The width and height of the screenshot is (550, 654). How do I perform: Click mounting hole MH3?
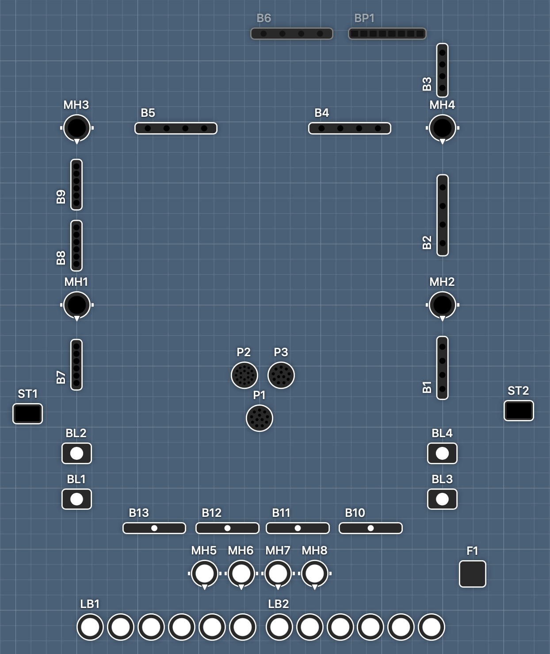77,128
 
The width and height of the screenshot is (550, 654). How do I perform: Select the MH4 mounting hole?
442,128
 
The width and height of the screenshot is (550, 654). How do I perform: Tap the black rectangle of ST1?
28,414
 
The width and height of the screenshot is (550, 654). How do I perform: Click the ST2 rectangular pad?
519,411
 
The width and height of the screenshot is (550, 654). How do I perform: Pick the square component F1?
472,574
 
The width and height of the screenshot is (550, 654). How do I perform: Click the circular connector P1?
259,418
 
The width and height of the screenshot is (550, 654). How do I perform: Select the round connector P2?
244,375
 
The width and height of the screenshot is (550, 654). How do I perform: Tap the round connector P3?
281,375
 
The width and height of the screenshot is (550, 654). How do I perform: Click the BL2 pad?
76,454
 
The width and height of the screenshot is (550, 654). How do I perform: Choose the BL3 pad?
442,499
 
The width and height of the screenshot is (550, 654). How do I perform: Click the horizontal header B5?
176,128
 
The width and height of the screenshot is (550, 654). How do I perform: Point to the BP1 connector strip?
387,34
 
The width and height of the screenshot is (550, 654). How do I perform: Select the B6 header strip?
292,34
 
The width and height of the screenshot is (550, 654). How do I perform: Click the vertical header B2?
442,215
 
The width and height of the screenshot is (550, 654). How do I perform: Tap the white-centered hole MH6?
241,573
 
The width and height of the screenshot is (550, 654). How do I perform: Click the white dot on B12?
227,528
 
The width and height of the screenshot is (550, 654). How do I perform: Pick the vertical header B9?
76,185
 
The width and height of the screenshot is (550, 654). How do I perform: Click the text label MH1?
76,282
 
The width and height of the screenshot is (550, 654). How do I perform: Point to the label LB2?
278,604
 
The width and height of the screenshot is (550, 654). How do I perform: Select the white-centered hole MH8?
314,573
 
